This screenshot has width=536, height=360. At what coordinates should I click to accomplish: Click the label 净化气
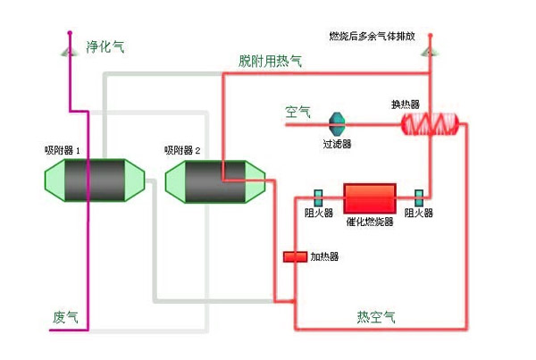(104, 46)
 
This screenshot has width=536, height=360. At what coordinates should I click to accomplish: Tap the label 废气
(65, 317)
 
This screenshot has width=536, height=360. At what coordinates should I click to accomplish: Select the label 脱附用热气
(270, 61)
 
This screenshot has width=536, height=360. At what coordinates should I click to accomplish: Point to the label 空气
(297, 113)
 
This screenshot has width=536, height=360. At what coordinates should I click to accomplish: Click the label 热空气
(376, 316)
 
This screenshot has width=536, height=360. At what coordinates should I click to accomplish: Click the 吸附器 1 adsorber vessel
(94, 182)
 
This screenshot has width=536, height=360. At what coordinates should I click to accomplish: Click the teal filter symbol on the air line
(337, 122)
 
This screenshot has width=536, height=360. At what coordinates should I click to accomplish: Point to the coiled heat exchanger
(428, 122)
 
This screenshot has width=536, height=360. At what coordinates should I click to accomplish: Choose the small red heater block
(295, 257)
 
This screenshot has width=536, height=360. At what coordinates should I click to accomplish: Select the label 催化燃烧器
(370, 220)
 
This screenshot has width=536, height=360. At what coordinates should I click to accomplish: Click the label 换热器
(405, 104)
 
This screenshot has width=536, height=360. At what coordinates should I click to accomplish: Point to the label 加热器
(324, 257)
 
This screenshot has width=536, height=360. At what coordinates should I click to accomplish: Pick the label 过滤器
(337, 143)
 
